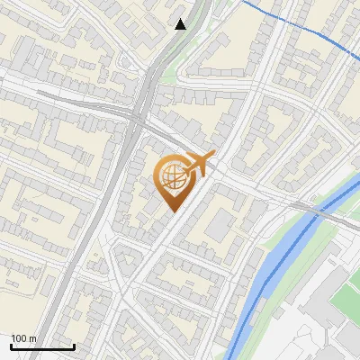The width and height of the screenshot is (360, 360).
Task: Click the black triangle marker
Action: [x=181, y=24]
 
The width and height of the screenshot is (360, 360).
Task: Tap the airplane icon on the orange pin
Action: [x=199, y=164]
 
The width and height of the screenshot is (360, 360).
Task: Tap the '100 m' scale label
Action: [x=23, y=338]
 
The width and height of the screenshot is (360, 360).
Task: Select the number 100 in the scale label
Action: [x=19, y=338]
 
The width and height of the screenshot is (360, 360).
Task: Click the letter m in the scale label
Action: [x=31, y=338]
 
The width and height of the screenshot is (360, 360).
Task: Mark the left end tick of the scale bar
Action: [x=11, y=345]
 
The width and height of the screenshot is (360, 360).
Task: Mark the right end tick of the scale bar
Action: [x=74, y=345]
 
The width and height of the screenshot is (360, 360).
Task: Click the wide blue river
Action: [x=270, y=270]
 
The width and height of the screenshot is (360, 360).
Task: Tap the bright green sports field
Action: [x=346, y=297]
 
